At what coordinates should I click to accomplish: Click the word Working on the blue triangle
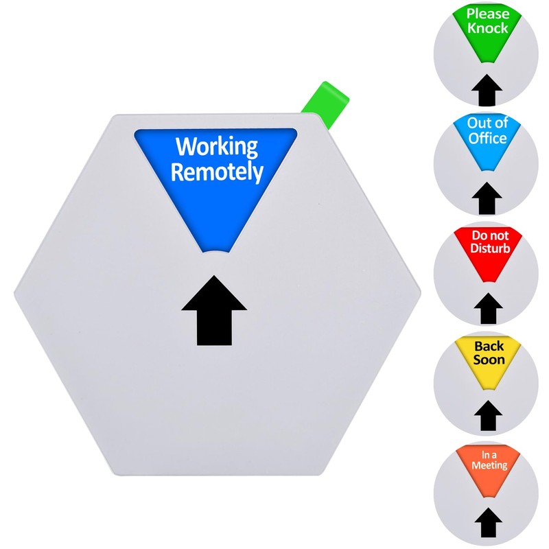click(217, 148)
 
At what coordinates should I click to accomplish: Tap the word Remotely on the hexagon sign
click(217, 172)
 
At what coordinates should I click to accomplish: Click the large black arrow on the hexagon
click(214, 311)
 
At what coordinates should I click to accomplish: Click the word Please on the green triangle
click(488, 14)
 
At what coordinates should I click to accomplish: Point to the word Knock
click(488, 28)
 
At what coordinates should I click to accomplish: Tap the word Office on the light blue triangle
click(488, 138)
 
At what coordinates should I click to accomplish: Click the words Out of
click(488, 123)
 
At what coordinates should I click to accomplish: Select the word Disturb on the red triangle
click(490, 248)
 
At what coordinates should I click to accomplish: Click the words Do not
click(490, 235)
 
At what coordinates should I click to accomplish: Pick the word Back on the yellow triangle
click(489, 346)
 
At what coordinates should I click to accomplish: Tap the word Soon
click(489, 360)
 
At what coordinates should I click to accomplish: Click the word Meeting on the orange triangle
click(489, 465)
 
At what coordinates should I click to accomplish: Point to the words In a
click(489, 454)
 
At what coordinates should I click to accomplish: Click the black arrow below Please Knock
click(487, 90)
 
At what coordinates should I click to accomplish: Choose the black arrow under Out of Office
click(487, 198)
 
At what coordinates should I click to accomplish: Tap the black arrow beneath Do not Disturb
click(488, 308)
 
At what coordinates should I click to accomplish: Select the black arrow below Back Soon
click(488, 416)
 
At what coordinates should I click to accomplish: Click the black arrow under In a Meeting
click(489, 522)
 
